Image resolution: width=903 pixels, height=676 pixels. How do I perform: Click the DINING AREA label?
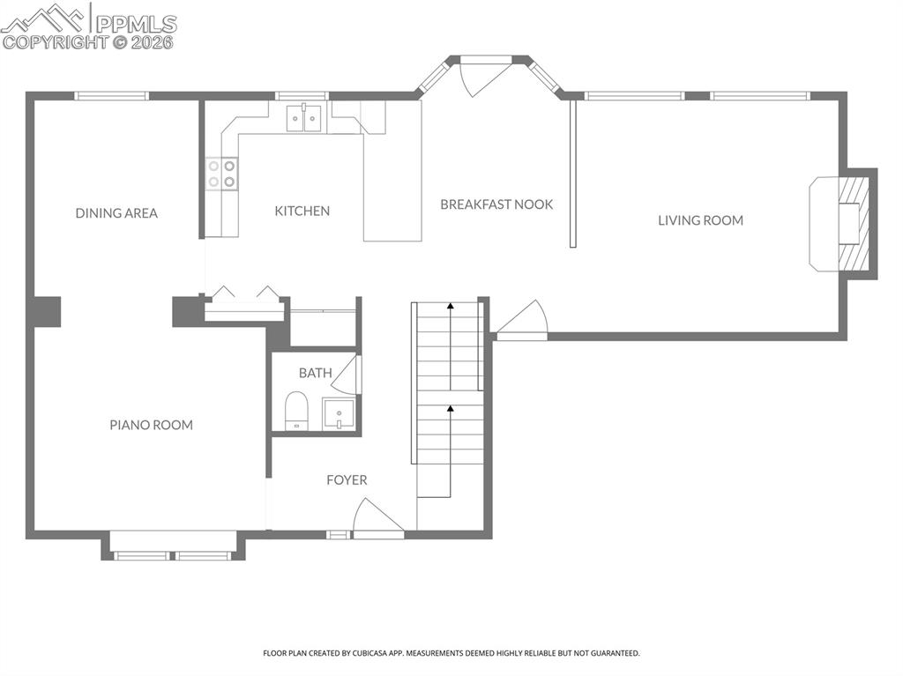pyautogui.click(x=116, y=213)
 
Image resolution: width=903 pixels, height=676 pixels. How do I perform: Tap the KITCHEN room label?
pyautogui.click(x=302, y=211)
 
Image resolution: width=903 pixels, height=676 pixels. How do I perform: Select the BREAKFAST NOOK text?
pyautogui.click(x=496, y=204)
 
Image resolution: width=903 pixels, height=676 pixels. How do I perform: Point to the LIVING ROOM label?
pyautogui.click(x=700, y=220)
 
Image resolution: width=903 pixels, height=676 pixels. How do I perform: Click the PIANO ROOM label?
pyautogui.click(x=151, y=425)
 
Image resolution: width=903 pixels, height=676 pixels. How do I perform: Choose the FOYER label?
pyautogui.click(x=347, y=480)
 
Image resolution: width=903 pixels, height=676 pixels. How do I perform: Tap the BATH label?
pyautogui.click(x=315, y=373)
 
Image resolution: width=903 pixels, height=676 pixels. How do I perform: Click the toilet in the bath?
pyautogui.click(x=296, y=411)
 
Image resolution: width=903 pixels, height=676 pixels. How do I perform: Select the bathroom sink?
pyautogui.click(x=339, y=413)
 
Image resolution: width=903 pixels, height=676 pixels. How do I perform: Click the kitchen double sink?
pyautogui.click(x=305, y=118)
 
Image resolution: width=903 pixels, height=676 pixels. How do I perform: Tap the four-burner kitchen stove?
pyautogui.click(x=221, y=173)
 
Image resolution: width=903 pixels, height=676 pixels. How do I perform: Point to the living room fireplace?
pyautogui.click(x=845, y=224)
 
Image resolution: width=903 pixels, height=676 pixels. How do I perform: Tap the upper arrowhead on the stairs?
pyautogui.click(x=451, y=306)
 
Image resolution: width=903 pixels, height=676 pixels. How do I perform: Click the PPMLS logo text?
pyautogui.click(x=136, y=24)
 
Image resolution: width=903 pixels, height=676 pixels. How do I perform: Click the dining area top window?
pyautogui.click(x=111, y=96)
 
